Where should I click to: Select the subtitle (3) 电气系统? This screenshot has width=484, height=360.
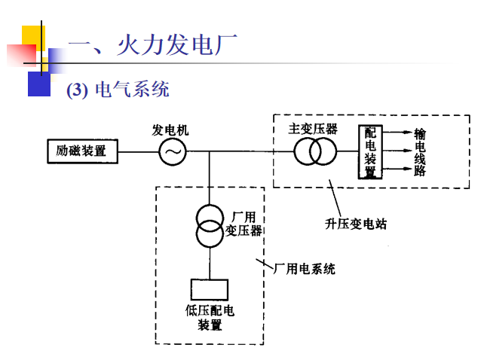pyautogui.click(x=118, y=90)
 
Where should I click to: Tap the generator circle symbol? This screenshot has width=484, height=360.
pyautogui.click(x=172, y=152)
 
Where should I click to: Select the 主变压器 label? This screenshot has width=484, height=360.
pyautogui.click(x=313, y=129)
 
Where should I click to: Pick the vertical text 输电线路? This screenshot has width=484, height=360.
pyautogui.click(x=420, y=151)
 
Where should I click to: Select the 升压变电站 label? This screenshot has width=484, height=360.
pyautogui.click(x=356, y=224)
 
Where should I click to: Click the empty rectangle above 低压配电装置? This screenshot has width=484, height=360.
pyautogui.click(x=210, y=290)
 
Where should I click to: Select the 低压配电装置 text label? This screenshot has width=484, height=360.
pyautogui.click(x=210, y=317)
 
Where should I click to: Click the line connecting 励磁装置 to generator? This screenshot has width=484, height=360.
pyautogui.click(x=138, y=152)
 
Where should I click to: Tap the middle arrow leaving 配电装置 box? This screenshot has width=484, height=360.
pyautogui.click(x=395, y=152)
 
